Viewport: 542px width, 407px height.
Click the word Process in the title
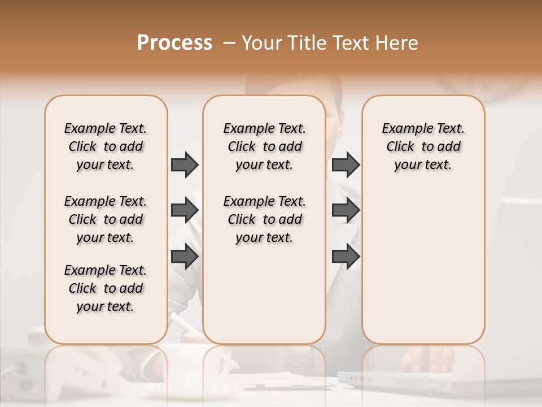174,43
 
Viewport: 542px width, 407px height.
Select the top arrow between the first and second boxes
185,165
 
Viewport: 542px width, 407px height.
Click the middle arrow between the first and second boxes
185,211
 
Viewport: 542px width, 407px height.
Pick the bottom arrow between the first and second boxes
185,257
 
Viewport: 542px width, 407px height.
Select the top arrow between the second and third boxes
346,165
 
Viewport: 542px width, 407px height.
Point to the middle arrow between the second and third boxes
346,211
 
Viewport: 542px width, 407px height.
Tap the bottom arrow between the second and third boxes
346,257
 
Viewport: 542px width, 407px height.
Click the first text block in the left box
106,146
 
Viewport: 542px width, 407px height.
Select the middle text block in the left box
106,219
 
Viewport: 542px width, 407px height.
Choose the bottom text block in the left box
106,288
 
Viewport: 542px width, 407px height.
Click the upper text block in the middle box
264,146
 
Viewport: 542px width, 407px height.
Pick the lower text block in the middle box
264,219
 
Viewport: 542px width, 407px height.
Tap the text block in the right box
423,146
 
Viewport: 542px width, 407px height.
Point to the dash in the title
230,43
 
